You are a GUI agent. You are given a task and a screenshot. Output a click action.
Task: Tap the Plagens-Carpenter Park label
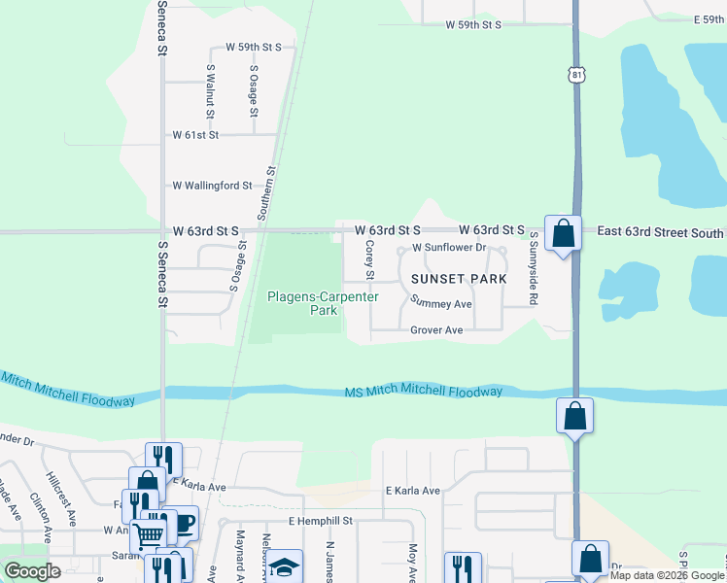(x=318, y=303)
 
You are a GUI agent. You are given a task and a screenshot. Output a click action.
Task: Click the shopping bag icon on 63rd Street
(x=563, y=233)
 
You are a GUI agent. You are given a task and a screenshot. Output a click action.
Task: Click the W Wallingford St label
(x=212, y=185)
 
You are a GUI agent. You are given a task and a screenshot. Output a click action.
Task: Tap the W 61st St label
(x=196, y=135)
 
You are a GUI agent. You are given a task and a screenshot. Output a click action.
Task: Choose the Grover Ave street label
(x=436, y=330)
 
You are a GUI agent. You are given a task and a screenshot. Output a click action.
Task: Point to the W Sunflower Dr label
(x=448, y=248)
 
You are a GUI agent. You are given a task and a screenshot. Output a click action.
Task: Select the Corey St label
(x=369, y=256)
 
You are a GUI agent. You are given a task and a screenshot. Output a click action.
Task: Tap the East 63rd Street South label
(x=660, y=232)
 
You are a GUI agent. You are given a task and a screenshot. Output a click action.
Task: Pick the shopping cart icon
(x=148, y=533)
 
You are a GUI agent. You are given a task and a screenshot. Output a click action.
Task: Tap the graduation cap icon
(x=285, y=566)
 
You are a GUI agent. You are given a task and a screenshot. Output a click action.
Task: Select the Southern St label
(x=267, y=191)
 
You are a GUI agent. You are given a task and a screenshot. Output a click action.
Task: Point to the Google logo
(x=33, y=571)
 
